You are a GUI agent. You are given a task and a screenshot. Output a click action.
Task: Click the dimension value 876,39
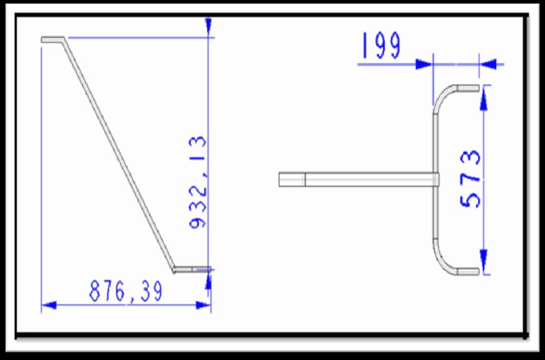tap(126, 291)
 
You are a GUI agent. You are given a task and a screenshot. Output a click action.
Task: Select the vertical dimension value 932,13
tap(198, 182)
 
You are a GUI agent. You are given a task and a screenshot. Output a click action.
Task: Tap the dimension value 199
tap(381, 45)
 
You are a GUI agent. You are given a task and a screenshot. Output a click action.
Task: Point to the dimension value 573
tap(470, 178)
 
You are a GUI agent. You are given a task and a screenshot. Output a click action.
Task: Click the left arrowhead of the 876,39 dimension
tap(49, 306)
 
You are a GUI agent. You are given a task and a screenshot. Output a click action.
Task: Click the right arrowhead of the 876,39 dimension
tap(204, 306)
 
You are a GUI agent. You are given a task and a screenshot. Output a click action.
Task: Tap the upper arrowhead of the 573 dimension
tap(484, 102)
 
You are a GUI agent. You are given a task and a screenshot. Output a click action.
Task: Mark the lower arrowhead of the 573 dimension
tap(484, 258)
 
